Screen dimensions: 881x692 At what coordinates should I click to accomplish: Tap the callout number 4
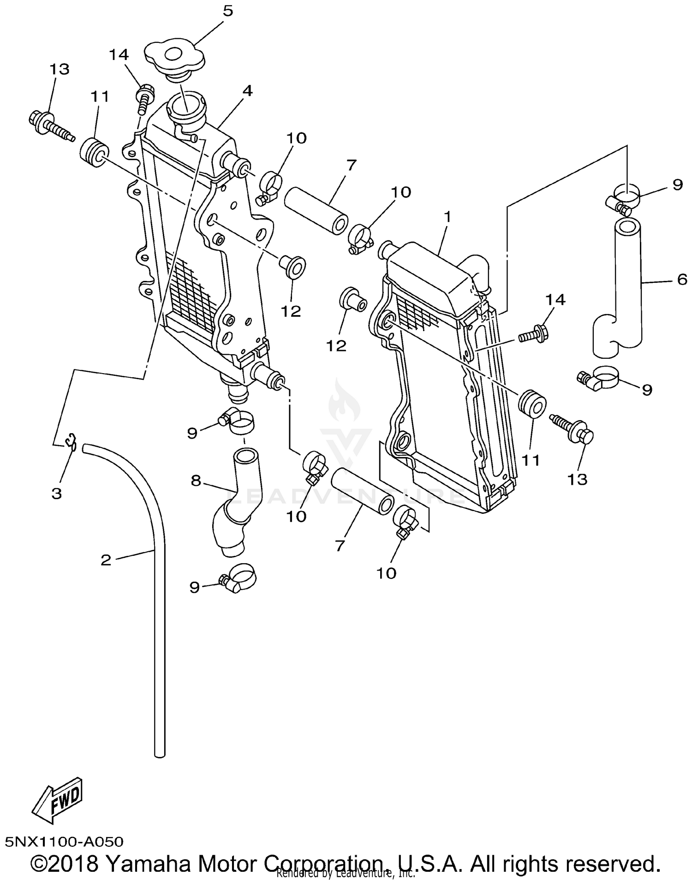point(247,91)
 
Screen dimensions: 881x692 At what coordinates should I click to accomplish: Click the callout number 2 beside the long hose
point(106,560)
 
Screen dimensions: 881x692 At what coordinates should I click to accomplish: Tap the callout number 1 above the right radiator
point(447,215)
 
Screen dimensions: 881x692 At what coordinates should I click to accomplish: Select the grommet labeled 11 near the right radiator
point(532,404)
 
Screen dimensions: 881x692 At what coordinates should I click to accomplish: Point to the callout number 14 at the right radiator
point(555,300)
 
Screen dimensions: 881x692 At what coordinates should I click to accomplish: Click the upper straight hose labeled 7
point(316,208)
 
